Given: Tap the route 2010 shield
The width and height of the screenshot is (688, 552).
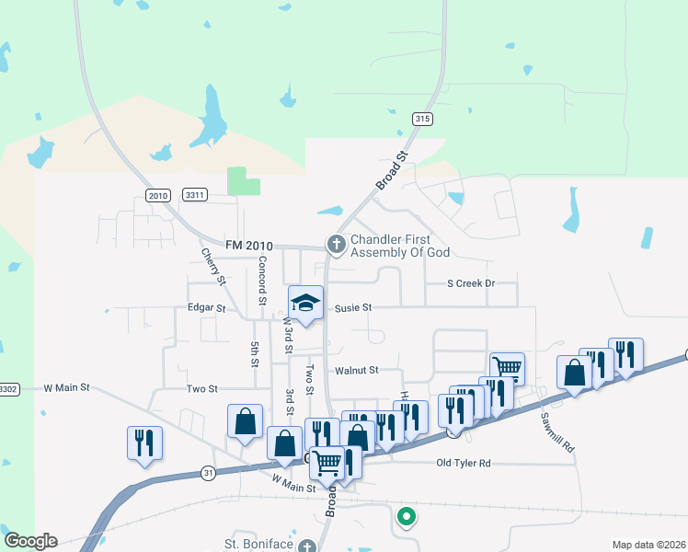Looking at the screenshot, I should pyautogui.click(x=158, y=195).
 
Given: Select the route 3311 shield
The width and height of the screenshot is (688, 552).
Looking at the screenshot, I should pyautogui.click(x=195, y=195).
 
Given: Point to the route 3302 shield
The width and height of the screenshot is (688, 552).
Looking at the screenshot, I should pyautogui.click(x=7, y=389).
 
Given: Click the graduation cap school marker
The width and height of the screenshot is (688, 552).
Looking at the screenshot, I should pyautogui.click(x=306, y=303).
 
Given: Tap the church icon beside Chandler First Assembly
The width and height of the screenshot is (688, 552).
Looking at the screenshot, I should pyautogui.click(x=336, y=244).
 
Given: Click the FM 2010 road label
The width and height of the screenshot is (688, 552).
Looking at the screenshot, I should pyautogui.click(x=249, y=245).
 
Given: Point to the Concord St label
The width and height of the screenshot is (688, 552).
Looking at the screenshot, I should pyautogui.click(x=262, y=281).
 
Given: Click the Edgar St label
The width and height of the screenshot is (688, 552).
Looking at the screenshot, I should pyautogui.click(x=206, y=308).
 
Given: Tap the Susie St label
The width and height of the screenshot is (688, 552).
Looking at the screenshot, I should pyautogui.click(x=352, y=307).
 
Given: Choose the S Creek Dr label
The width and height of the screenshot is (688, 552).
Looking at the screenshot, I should pyautogui.click(x=471, y=283).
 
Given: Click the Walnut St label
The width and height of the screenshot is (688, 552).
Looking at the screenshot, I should pyautogui.click(x=357, y=370).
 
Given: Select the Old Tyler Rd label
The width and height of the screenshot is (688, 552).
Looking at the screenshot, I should pyautogui.click(x=464, y=462).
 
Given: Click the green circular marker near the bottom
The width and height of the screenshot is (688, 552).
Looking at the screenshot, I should pyautogui.click(x=405, y=517).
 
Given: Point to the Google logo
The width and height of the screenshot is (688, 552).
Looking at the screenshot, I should pyautogui.click(x=30, y=541).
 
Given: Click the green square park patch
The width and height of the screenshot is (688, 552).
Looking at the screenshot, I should pyautogui.click(x=243, y=180).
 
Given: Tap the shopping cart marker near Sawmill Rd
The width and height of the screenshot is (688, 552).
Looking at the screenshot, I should pyautogui.click(x=507, y=368).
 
